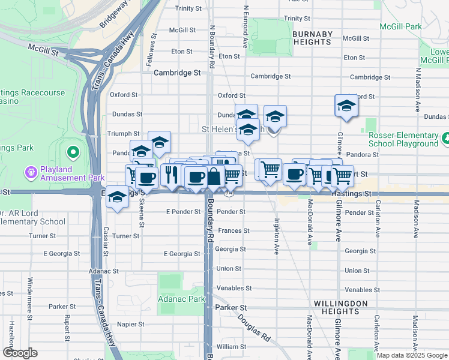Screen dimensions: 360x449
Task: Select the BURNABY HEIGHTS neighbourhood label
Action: tap(312, 38)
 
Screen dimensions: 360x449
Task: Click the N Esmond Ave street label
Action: tap(246, 28)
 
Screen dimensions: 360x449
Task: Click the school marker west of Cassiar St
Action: tap(117, 197)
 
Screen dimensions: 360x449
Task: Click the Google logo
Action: tap(20, 353)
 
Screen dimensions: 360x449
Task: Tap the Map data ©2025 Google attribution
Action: tap(411, 355)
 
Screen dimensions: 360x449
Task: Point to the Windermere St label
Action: tap(29, 293)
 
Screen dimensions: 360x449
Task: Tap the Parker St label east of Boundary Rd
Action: tap(231, 307)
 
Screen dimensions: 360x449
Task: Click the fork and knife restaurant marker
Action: tap(172, 175)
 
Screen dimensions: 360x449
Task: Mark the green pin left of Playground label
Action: tap(445, 139)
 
